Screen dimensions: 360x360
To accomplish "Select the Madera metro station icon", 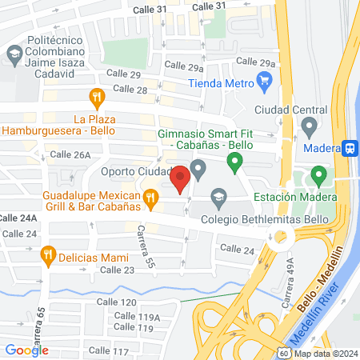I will click(350, 148).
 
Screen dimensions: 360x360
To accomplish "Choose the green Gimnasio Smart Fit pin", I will click(234, 164).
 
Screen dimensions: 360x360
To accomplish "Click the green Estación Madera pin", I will click(318, 174).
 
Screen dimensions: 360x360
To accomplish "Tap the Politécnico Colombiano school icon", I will click(14, 54).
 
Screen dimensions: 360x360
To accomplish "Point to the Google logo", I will click(26, 350).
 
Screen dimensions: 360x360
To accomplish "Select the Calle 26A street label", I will click(70, 154).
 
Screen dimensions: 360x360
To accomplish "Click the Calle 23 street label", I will click(117, 270).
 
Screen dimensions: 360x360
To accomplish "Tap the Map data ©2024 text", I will click(324, 354).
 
